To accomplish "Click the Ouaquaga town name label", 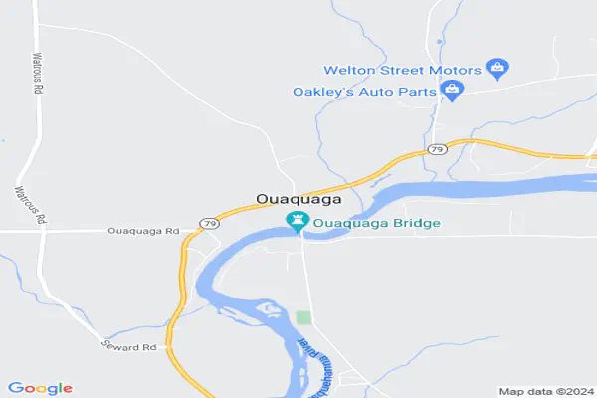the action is click(x=294, y=199).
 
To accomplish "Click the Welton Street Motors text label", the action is click(x=402, y=70).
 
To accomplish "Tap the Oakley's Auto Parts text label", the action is click(x=364, y=92).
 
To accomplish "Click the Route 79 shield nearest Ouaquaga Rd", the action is click(x=209, y=223).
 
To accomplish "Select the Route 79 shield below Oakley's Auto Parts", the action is click(x=437, y=148).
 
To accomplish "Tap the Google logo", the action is click(x=40, y=388).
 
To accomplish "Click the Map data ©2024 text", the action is click(x=545, y=391).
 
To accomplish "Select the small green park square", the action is click(x=303, y=317).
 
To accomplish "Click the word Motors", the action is click(x=456, y=70).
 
